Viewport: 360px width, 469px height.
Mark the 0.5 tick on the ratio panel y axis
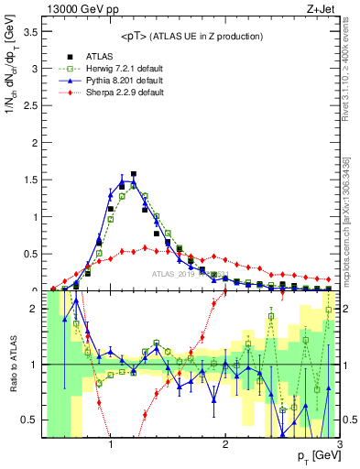coord(29,420)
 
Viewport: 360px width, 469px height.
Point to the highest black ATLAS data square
coord(134,174)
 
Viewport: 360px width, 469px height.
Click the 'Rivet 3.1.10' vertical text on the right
coord(351,78)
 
